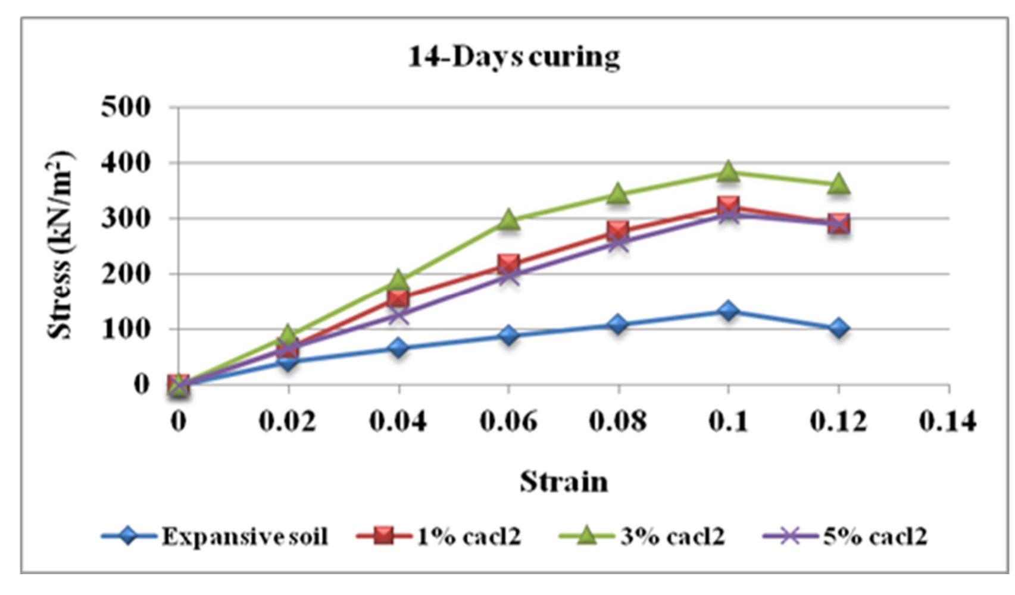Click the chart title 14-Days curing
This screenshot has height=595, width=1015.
point(514,58)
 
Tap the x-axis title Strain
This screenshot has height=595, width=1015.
point(564,481)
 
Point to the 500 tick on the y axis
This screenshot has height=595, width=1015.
point(126,108)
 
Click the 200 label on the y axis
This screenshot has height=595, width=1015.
point(126,274)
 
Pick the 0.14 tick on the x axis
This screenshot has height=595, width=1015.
point(948,421)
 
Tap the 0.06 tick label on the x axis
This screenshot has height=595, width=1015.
point(508,421)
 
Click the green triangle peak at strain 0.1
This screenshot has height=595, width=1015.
point(728,172)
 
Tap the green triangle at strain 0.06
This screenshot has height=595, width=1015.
point(508,220)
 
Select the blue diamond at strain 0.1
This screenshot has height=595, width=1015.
point(728,311)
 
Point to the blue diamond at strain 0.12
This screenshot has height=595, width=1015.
point(838,328)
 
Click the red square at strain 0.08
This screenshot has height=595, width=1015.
point(618,231)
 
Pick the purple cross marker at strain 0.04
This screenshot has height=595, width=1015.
point(398,314)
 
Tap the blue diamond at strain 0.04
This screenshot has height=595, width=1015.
point(398,347)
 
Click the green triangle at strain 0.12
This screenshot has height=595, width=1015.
point(838,184)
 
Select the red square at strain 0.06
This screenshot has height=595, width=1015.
point(508,264)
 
